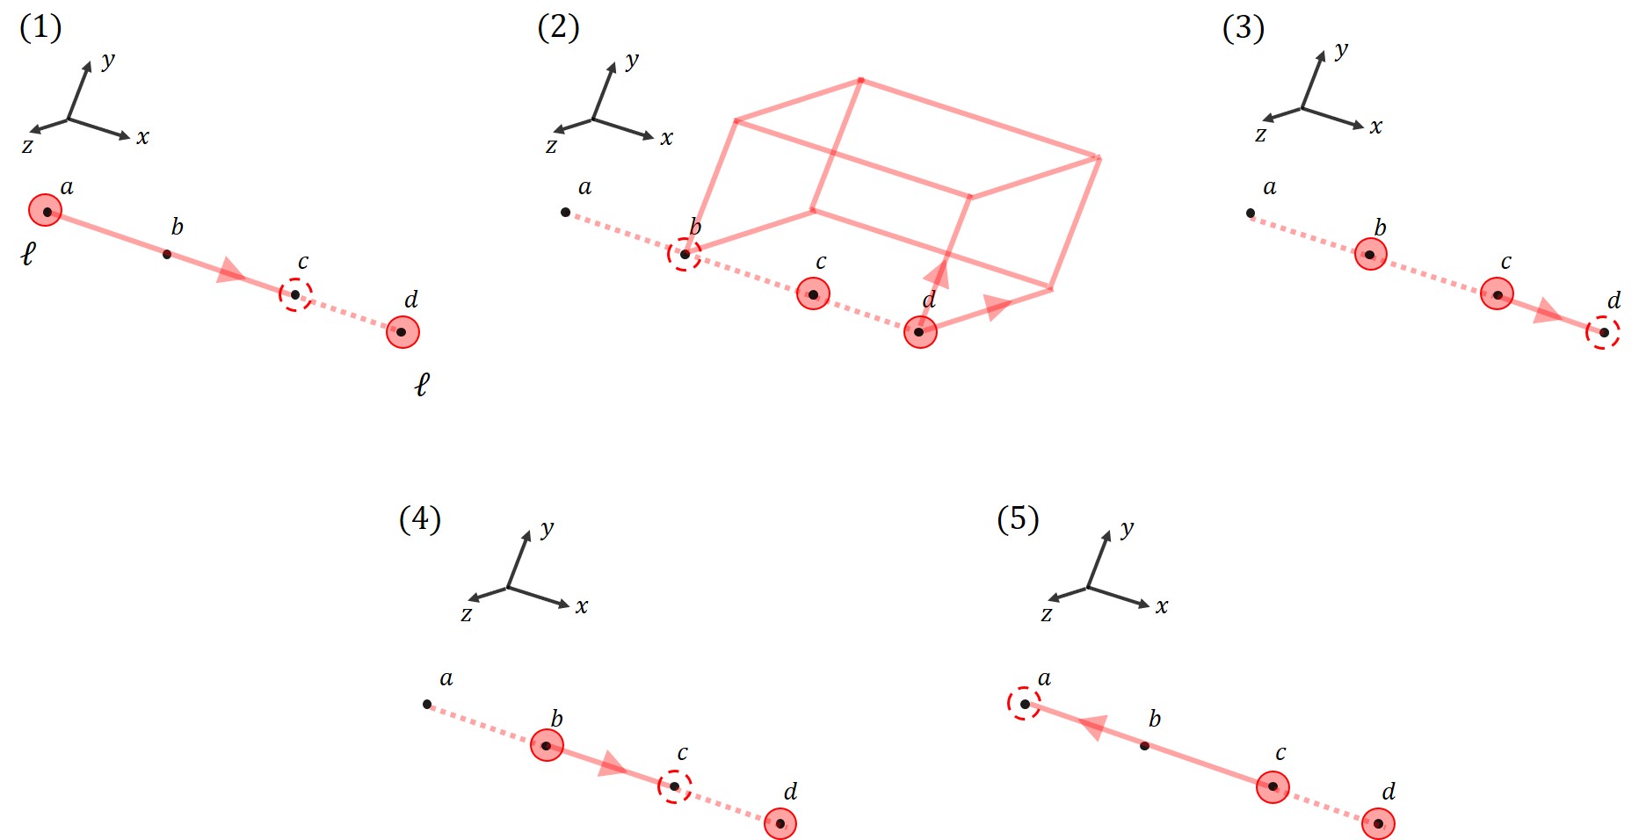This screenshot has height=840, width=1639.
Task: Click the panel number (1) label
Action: click(40, 28)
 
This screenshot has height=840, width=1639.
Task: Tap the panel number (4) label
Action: click(420, 519)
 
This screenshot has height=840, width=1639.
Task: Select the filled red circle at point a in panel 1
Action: click(46, 211)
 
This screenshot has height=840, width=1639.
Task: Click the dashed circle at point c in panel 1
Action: click(295, 294)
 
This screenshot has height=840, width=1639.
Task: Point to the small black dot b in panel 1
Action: click(167, 255)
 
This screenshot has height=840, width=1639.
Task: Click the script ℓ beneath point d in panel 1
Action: click(422, 384)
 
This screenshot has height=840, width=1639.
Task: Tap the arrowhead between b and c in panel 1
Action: click(231, 272)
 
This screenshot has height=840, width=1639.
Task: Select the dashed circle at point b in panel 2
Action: click(685, 255)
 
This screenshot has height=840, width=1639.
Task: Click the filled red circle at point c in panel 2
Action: click(813, 294)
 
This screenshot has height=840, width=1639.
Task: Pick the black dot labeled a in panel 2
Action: click(565, 213)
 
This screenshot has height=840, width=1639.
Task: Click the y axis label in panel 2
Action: click(632, 61)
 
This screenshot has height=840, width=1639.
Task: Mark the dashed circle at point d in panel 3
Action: click(1603, 332)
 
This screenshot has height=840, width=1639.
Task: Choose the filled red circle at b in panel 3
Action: click(1370, 255)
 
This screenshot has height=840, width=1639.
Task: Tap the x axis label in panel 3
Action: click(1376, 127)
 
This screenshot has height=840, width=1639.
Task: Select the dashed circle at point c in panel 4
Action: click(674, 786)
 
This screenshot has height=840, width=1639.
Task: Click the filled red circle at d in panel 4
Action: click(780, 823)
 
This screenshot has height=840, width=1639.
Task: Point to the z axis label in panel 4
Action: click(467, 614)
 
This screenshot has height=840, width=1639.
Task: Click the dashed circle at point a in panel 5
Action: click(1024, 704)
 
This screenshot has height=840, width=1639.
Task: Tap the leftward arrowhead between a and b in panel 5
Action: click(1092, 727)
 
